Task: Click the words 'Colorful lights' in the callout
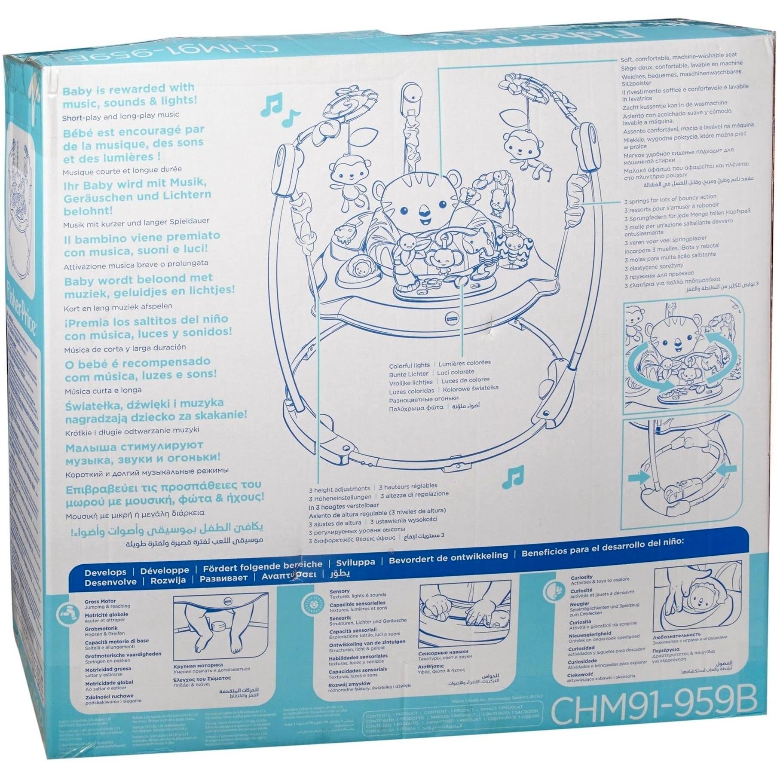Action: [409, 366]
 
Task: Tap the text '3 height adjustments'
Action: [339, 489]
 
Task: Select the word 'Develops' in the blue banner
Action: [105, 572]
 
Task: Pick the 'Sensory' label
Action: [340, 591]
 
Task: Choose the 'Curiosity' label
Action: [581, 577]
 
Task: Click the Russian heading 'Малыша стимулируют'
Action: [135, 447]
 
